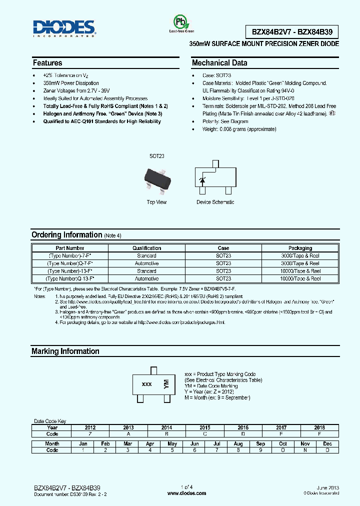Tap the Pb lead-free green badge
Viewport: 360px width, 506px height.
pyautogui.click(x=178, y=22)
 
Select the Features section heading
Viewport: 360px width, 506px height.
pyautogui.click(x=47, y=63)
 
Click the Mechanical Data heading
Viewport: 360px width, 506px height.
pyautogui.click(x=219, y=63)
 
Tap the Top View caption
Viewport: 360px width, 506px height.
pyautogui.click(x=156, y=202)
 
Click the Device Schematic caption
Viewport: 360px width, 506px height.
pyautogui.click(x=215, y=202)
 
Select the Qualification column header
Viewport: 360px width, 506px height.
pyautogui.click(x=146, y=248)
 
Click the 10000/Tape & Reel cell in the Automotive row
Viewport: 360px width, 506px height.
pyautogui.click(x=300, y=278)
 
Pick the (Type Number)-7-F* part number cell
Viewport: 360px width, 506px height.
pyautogui.click(x=70, y=255)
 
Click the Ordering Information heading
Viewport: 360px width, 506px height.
pyautogui.click(x=66, y=235)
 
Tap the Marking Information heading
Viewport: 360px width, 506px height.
pyautogui.click(x=65, y=351)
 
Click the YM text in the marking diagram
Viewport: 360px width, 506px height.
pyautogui.click(x=166, y=384)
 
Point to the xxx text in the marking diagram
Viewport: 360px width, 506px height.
pyautogui.click(x=147, y=384)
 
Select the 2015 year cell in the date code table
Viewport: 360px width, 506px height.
pyautogui.click(x=204, y=428)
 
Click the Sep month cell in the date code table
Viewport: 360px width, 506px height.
pyautogui.click(x=260, y=443)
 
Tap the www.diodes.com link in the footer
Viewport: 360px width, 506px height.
pyautogui.click(x=186, y=493)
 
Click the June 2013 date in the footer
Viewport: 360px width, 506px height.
pyautogui.click(x=328, y=487)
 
